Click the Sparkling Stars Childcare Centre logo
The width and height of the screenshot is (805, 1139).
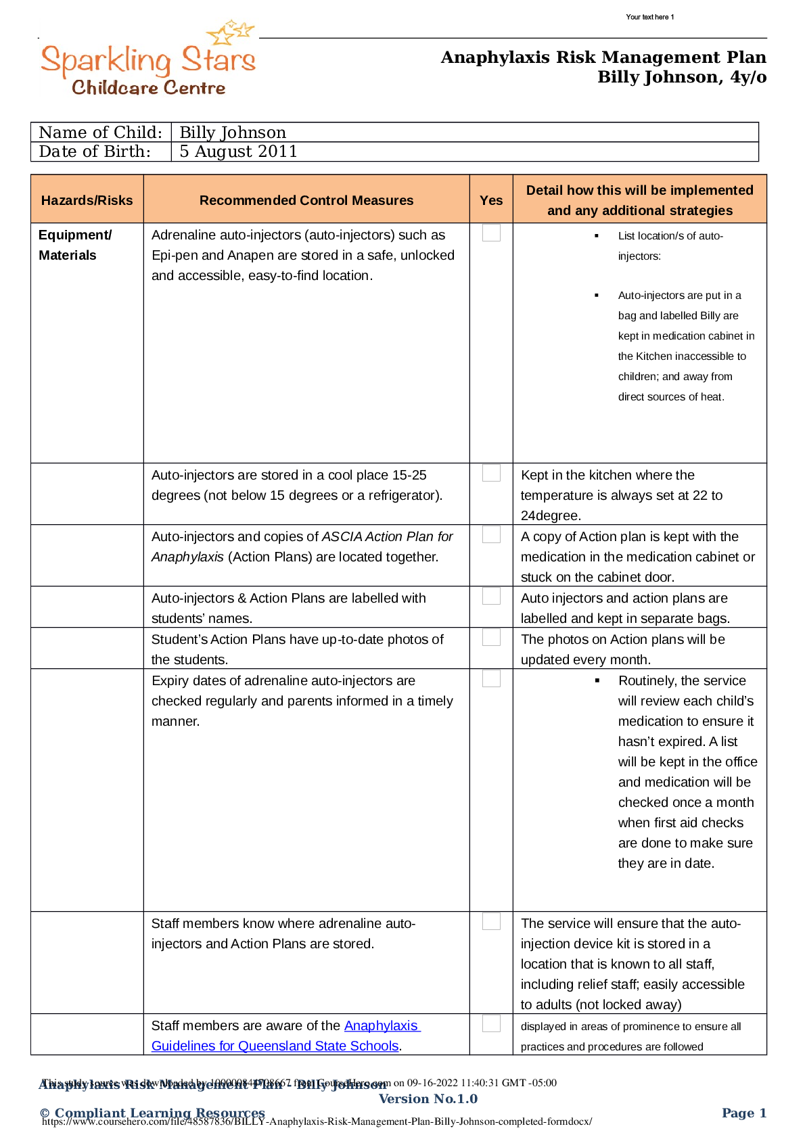click(149, 58)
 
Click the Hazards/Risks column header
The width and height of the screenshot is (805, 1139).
click(87, 200)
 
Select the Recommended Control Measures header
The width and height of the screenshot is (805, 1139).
click(306, 200)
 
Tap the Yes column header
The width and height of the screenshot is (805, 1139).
click(491, 200)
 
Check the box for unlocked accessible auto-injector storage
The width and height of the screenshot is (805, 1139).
click(491, 233)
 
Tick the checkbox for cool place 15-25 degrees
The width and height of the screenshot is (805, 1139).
click(491, 473)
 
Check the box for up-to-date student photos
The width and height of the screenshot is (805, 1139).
click(491, 637)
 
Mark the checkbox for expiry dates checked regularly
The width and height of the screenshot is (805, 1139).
click(491, 678)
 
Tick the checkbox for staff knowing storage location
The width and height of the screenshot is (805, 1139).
click(491, 921)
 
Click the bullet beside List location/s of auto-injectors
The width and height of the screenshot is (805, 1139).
click(597, 236)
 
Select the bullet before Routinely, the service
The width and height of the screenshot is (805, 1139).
click(597, 681)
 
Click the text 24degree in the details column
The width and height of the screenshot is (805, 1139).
click(549, 515)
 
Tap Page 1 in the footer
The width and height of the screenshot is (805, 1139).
click(743, 1113)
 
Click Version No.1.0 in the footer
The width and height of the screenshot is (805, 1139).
click(428, 1098)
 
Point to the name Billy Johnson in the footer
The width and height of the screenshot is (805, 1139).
click(341, 1084)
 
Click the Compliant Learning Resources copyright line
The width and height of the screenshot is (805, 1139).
click(152, 1113)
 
